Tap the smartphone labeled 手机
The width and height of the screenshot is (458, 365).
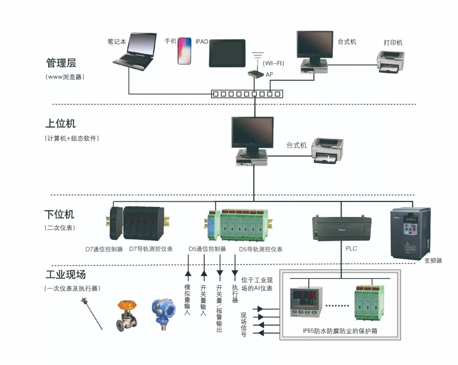pos(184,51)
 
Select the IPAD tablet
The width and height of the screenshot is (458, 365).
pos(227,53)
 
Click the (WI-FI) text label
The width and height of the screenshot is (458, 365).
pos(274,64)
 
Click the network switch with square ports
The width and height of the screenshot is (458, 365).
pos(246,94)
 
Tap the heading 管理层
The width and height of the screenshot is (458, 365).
pos(61,64)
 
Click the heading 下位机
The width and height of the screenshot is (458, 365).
pos(59,214)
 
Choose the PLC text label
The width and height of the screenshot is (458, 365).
pos(351,248)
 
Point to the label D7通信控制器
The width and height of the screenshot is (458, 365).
pos(104,249)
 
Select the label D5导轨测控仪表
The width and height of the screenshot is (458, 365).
pos(260,249)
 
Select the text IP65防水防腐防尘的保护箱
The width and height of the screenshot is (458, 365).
pos(340,331)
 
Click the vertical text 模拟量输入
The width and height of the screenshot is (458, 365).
pos(187,299)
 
